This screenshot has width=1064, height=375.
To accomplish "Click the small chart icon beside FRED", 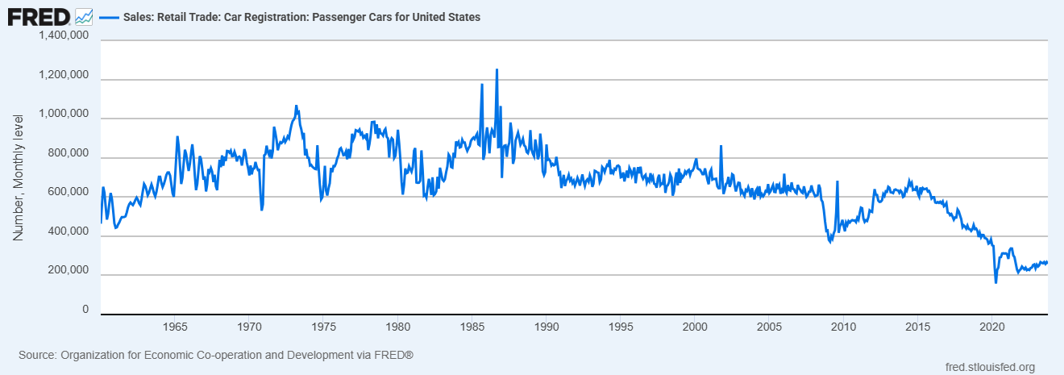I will [x=84, y=16].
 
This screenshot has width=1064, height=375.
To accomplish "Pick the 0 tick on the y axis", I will [x=84, y=310].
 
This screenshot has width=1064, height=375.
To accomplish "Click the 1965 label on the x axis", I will [x=175, y=327].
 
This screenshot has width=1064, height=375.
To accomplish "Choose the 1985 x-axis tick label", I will [x=472, y=327].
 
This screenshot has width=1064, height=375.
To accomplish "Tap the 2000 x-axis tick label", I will [x=695, y=327].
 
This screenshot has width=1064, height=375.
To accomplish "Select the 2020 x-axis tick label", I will [x=991, y=327].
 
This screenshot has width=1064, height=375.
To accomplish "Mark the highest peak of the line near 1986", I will [x=497, y=70].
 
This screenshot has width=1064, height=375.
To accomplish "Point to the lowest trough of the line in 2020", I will [x=995, y=282].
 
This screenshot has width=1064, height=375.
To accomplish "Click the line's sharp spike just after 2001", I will [x=721, y=146].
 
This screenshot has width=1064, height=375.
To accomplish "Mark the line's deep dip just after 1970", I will [x=262, y=210].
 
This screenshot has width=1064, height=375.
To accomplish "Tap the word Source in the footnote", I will [x=37, y=355].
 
